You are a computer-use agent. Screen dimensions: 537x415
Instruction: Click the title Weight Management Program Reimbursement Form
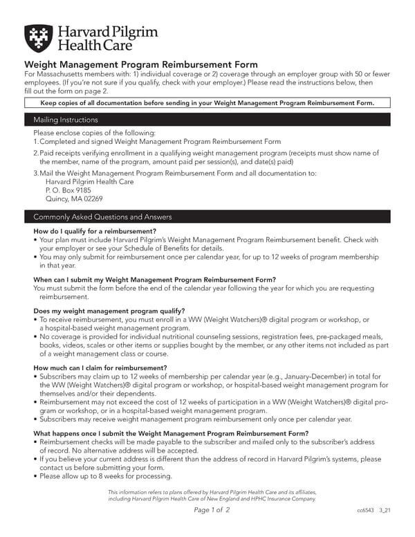(x=141, y=65)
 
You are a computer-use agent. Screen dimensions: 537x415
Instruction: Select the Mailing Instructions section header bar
(x=207, y=119)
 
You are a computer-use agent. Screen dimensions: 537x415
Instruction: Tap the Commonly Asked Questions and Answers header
(x=207, y=217)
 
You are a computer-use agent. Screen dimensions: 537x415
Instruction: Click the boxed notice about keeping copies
(x=207, y=103)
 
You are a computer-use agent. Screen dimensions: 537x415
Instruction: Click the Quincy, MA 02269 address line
(x=69, y=198)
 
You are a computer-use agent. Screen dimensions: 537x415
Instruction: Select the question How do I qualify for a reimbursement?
(x=95, y=231)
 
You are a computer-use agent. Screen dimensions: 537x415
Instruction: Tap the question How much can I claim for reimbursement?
(x=100, y=367)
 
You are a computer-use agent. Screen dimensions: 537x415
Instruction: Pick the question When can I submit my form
(x=155, y=280)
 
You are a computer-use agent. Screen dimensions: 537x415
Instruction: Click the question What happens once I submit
(x=171, y=433)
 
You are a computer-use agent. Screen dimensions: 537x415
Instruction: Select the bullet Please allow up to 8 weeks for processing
(x=105, y=476)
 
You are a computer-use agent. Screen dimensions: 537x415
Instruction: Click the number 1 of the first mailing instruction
(x=36, y=141)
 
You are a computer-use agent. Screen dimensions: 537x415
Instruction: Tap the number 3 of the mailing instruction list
(x=36, y=173)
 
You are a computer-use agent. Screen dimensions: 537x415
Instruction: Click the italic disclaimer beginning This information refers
(x=212, y=495)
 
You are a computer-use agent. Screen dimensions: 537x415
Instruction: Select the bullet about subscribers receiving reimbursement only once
(x=195, y=419)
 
